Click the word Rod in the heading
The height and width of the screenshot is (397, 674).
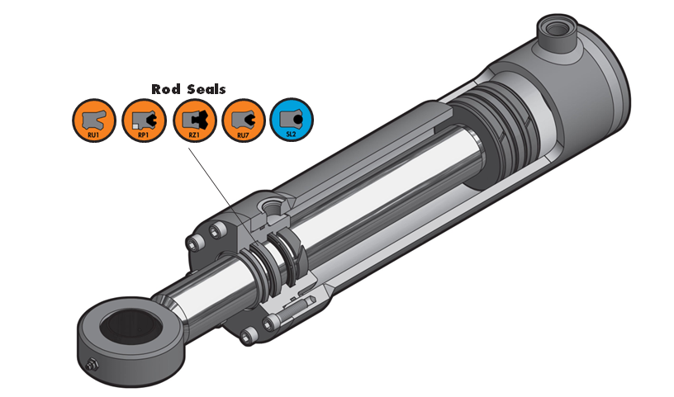(166, 88)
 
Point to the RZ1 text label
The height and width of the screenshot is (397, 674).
(193, 133)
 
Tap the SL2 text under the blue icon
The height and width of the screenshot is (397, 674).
(292, 133)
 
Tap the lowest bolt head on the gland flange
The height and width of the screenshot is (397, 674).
(248, 334)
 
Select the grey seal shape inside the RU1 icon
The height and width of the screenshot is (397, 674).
(92, 116)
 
